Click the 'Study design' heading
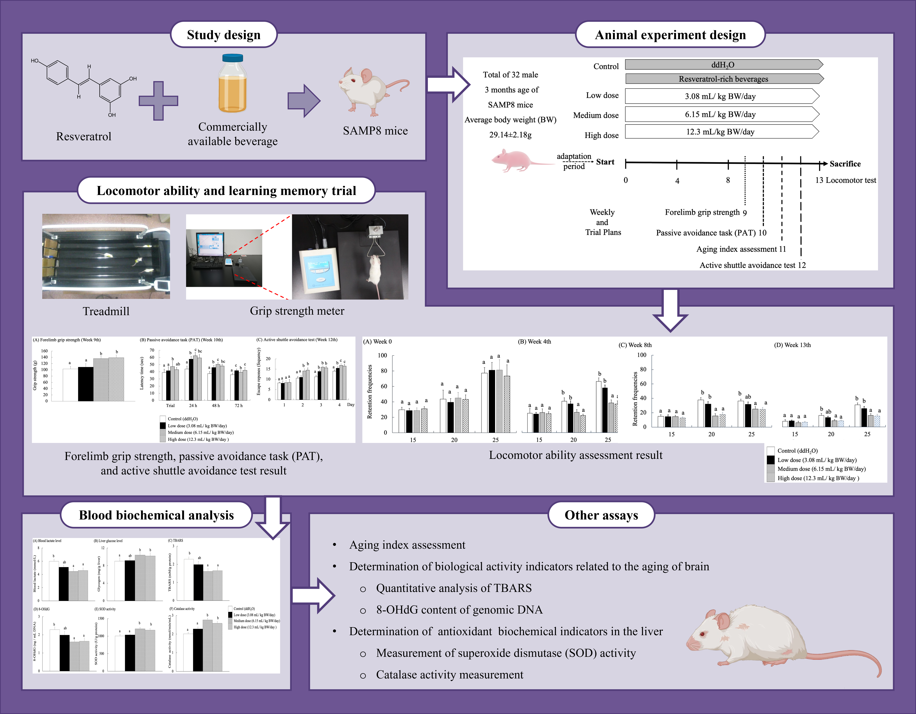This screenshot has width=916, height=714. [224, 35]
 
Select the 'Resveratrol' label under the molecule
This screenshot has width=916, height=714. [84, 136]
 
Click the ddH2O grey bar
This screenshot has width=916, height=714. [723, 65]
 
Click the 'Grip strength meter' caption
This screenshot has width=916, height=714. [297, 311]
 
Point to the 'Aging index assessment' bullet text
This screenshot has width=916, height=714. [407, 545]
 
